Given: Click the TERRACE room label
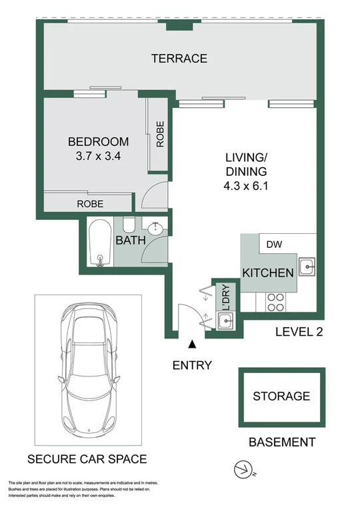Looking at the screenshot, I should (179, 59).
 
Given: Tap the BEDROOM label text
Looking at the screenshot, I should (98, 141).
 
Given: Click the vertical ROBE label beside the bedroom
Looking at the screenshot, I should (160, 133).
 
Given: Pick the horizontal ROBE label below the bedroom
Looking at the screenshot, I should (90, 203).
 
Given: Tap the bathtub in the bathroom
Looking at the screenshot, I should (100, 243).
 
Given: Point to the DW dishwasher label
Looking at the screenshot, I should (274, 245).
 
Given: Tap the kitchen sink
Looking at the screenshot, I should (307, 268).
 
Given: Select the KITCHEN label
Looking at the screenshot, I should (267, 273).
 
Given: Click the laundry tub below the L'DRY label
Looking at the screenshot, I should (224, 322).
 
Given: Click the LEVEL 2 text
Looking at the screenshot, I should (299, 332).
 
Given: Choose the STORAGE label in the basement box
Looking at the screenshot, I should (281, 396).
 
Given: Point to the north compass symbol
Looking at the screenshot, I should (243, 470).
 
